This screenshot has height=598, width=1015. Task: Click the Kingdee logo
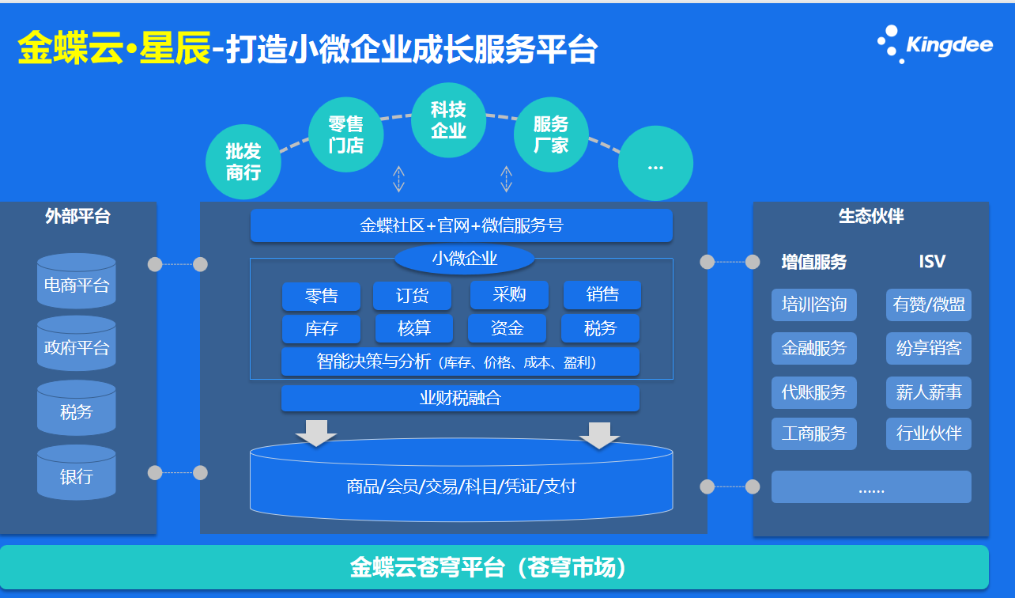click(x=935, y=44)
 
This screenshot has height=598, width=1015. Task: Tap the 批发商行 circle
click(x=243, y=161)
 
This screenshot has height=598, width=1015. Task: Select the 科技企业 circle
click(x=448, y=120)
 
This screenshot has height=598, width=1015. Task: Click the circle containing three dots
click(x=655, y=165)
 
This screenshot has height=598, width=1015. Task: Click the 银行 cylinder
click(x=77, y=476)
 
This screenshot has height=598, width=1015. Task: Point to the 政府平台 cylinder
click(x=77, y=347)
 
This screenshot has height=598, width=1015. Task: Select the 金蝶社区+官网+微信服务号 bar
click(x=462, y=225)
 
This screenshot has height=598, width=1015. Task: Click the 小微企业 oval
click(x=464, y=259)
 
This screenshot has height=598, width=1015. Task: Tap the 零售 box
click(x=321, y=296)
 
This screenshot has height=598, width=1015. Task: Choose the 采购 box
click(x=509, y=295)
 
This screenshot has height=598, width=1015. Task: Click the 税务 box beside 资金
click(x=600, y=327)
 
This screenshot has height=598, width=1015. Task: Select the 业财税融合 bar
click(x=460, y=398)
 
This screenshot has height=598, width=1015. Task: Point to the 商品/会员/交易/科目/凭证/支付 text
click(x=462, y=486)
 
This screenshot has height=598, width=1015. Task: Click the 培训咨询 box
click(x=814, y=305)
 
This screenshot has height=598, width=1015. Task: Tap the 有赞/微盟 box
click(x=929, y=305)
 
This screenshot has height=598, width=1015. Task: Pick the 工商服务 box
click(x=814, y=433)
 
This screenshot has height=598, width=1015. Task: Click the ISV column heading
click(x=932, y=262)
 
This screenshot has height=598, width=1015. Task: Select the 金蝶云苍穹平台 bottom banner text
click(x=489, y=567)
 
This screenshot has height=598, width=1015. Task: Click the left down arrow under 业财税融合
click(x=316, y=433)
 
